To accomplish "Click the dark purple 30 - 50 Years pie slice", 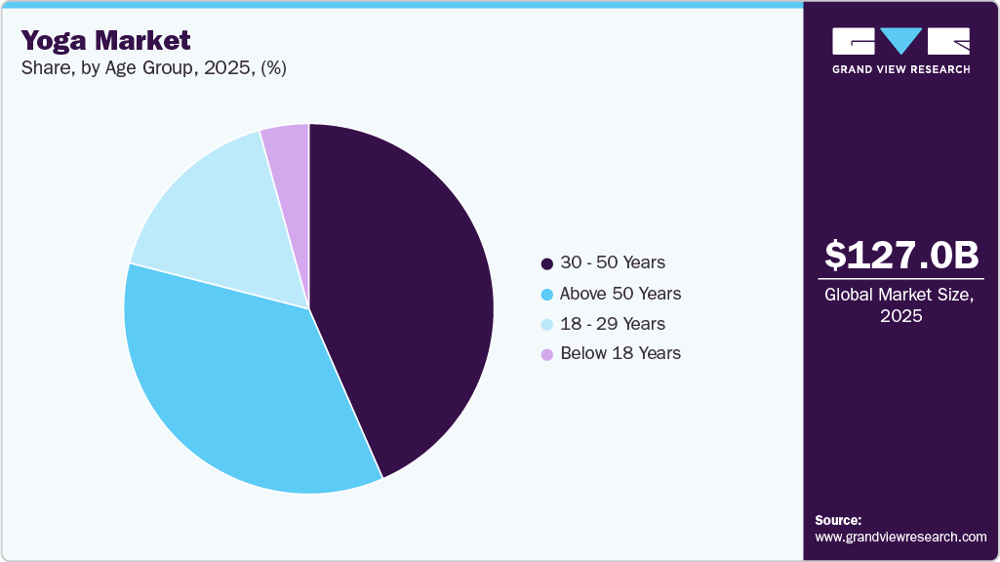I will [x=410, y=293].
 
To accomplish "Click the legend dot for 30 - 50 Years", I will [x=546, y=263].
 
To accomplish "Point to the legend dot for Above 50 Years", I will [x=546, y=294].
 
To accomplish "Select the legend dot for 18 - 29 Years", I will [x=546, y=324].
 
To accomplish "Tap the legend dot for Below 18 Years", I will [x=546, y=354].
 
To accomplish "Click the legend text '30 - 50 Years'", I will [x=613, y=263].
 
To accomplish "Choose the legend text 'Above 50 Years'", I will [x=620, y=294].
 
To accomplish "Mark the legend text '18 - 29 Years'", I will [x=613, y=324].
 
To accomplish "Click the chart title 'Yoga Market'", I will [x=105, y=40].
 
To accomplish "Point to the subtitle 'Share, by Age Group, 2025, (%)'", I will [x=153, y=68].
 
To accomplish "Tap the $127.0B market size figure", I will [x=900, y=256].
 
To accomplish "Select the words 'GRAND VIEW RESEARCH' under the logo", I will [x=900, y=69].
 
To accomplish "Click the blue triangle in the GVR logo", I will [x=900, y=40].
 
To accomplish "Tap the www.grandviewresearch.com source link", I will [x=900, y=538].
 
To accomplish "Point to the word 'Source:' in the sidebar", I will [x=838, y=520].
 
